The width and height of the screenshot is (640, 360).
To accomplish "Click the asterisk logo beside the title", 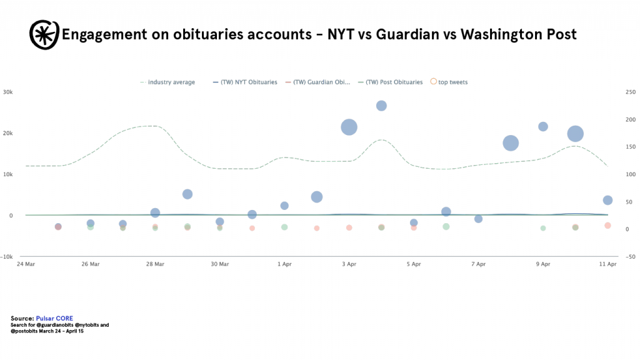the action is (44, 35).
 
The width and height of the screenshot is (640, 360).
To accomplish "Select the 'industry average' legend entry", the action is (167, 82).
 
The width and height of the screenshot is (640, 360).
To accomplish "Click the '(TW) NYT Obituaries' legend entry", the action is (245, 82).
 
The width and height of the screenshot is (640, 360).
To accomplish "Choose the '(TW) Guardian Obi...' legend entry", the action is (317, 82).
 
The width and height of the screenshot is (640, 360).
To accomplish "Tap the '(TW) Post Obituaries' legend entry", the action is (390, 82).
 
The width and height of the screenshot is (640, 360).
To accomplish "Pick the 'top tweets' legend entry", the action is (449, 82).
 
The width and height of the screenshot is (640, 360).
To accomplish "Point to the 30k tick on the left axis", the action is (7, 92).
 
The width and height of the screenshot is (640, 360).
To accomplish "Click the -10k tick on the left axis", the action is (6, 257).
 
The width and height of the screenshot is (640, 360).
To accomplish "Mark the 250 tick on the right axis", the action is (631, 92).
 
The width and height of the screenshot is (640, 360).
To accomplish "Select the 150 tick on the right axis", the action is (631, 147).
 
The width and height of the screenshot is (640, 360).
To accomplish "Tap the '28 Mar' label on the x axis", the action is (155, 264).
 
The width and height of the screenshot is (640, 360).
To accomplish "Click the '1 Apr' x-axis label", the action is (284, 264).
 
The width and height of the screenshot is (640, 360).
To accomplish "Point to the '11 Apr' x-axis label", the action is (607, 264).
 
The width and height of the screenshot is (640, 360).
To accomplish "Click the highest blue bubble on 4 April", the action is (381, 106).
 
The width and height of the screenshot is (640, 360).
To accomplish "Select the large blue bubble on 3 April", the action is (349, 127).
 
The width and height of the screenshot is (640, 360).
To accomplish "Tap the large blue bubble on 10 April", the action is (575, 134).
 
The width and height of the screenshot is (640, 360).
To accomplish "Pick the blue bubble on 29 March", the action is (187, 194).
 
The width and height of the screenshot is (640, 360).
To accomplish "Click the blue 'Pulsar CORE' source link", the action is (54, 318).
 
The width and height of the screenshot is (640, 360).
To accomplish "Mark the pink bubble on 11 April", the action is (607, 226).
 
